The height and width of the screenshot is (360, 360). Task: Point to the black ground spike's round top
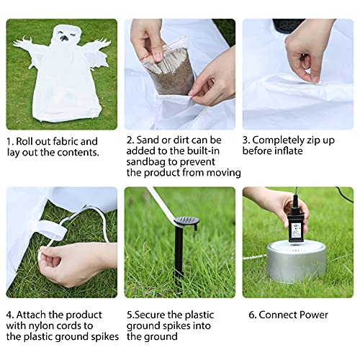pyautogui.click(x=187, y=220)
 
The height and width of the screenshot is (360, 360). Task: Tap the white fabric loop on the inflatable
pyautogui.click(x=52, y=230)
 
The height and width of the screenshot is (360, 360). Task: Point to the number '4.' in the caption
pyautogui.click(x=10, y=315)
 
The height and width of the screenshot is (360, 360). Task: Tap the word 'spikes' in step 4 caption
pyautogui.click(x=105, y=337)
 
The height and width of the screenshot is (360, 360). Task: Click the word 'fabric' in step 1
pyautogui.click(x=66, y=142)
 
